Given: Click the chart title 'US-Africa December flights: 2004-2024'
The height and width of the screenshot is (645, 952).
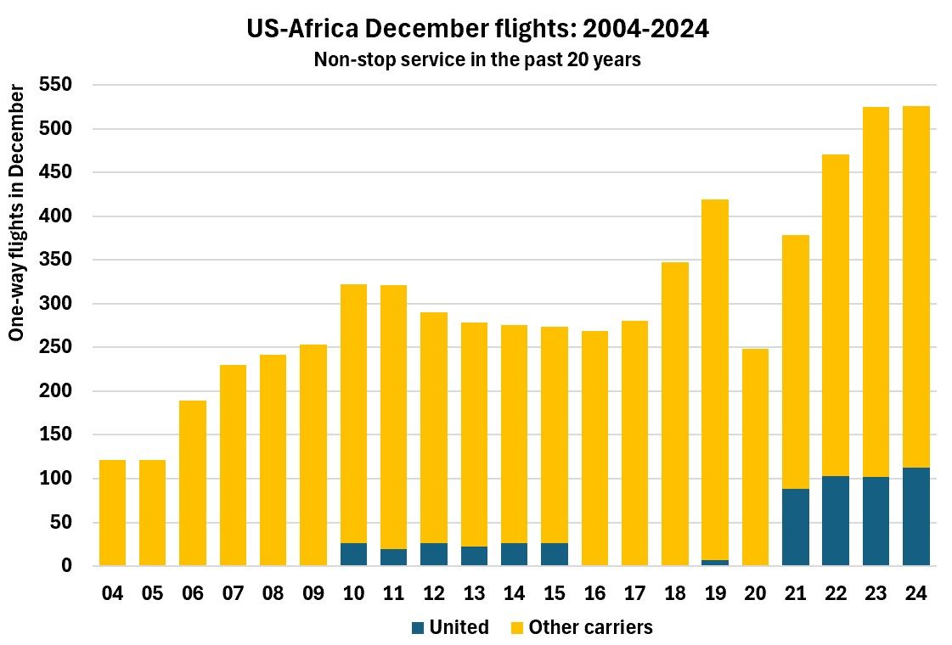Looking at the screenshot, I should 477,30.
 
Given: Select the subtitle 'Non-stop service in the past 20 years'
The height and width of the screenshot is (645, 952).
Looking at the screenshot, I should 477,60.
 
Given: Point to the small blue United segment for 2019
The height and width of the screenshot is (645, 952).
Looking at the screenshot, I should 715,563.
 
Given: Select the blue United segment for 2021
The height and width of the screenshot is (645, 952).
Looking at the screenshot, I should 795,527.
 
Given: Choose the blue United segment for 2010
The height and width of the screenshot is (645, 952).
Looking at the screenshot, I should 353,554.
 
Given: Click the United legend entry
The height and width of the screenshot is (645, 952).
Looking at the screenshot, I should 449,628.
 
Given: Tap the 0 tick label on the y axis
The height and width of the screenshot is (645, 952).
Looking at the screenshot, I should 67,566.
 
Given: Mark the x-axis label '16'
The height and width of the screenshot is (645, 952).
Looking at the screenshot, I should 594,593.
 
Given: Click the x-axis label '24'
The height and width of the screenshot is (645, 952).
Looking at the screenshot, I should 915,593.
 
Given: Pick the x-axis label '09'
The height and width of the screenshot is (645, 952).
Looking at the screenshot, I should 313,593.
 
